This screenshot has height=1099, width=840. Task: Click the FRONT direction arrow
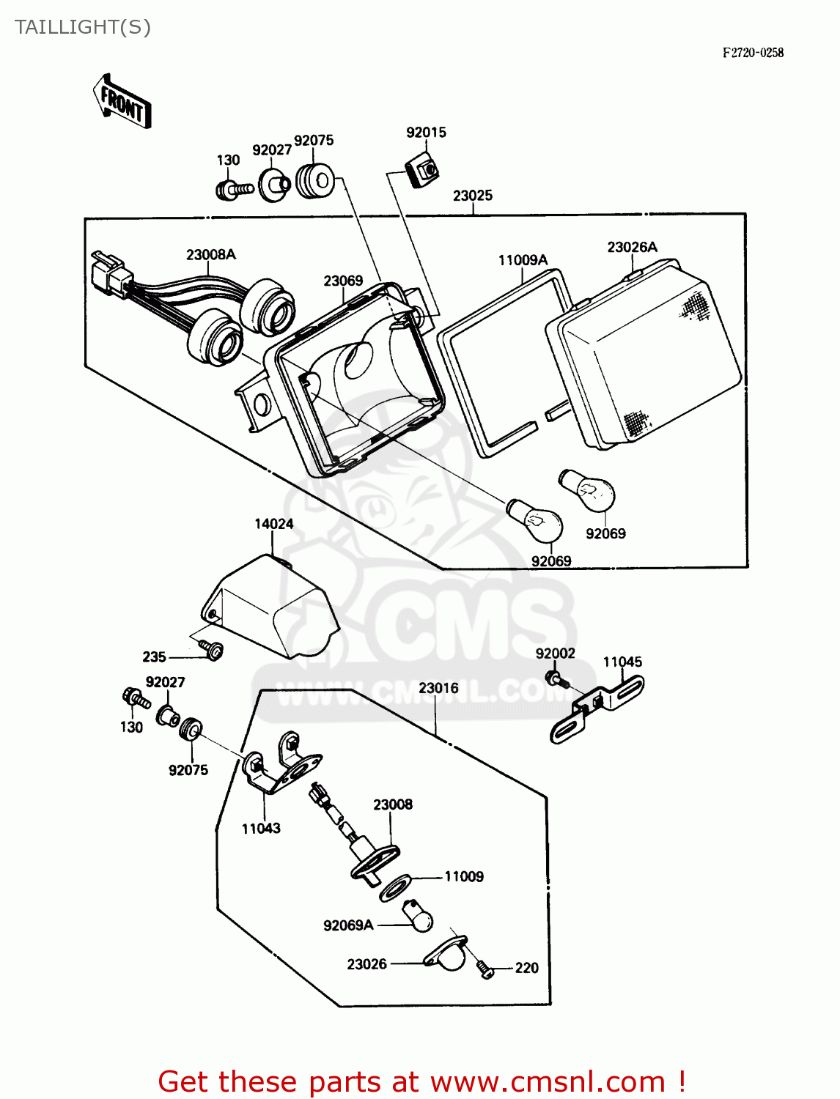coord(122,103)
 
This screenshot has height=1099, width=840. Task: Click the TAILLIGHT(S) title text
coord(82,27)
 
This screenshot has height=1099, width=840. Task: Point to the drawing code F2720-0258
coord(753,53)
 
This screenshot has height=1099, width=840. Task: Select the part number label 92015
coord(426,133)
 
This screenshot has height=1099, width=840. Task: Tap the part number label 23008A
coord(211,255)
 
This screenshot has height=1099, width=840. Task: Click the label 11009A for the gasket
coord(523,260)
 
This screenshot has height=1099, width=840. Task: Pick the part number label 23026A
coord(632,248)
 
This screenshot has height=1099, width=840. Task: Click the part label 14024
coord(273,524)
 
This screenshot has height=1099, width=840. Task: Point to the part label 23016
coord(438,688)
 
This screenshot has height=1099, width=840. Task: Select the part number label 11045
coord(622,662)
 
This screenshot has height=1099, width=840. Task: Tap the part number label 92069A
coord(348,925)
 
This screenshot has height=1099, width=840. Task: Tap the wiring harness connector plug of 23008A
coord(111,274)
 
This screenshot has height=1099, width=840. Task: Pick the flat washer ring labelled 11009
coord(395,887)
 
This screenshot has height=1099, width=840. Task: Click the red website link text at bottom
coord(421,1081)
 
